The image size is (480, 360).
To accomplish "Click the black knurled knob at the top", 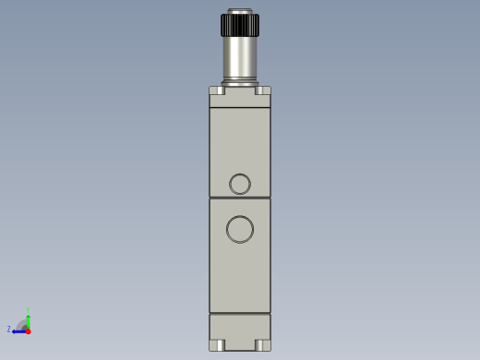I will click(x=239, y=25).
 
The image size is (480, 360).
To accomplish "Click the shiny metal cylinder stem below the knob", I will click(x=239, y=57).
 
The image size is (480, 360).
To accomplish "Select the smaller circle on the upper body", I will click(x=240, y=184).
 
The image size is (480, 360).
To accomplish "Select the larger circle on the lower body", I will click(x=240, y=229).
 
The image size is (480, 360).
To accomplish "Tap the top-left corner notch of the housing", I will click(x=217, y=90).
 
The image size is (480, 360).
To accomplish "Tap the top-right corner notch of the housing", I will click(x=263, y=90).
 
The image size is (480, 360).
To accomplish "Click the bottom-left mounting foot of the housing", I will click(x=218, y=345).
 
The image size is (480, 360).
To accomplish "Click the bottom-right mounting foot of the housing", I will click(x=262, y=345).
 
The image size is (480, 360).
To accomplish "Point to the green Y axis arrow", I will click(x=28, y=319).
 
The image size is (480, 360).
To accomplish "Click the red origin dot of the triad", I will click(x=28, y=330).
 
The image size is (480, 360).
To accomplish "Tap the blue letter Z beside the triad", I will click(x=9, y=330).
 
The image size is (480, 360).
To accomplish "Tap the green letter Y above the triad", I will click(x=28, y=310).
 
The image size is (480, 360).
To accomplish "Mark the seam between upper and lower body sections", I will click(x=240, y=198).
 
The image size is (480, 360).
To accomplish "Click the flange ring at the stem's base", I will click(x=239, y=83).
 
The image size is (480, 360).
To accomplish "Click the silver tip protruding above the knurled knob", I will click(x=239, y=11).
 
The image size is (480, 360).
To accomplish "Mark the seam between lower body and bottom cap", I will click(x=240, y=313).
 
